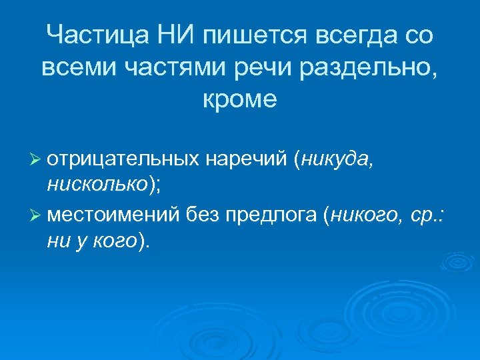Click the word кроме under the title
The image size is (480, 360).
coord(239,99)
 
